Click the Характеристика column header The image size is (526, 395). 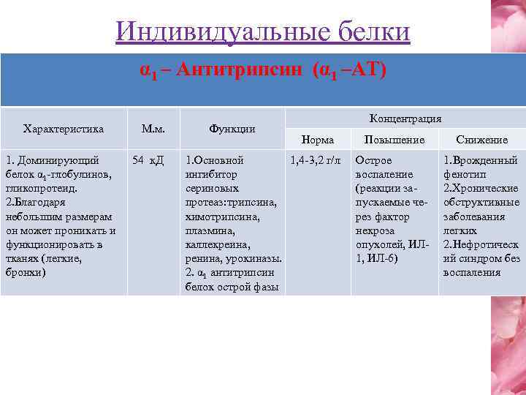click(x=64, y=129)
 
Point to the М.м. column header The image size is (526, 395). click(x=152, y=129)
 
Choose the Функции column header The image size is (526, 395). click(x=232, y=129)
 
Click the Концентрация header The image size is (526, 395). click(x=405, y=118)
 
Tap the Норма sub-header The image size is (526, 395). click(x=317, y=140)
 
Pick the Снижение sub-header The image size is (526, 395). click(x=481, y=140)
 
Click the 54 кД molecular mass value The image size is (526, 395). click(x=148, y=160)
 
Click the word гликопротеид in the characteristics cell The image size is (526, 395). click(x=37, y=188)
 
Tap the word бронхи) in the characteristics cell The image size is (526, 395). click(x=25, y=272)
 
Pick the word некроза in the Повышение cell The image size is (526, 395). click(x=376, y=230)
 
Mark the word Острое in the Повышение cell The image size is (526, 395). click(x=373, y=160)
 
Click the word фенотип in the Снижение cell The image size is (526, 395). click(x=464, y=174)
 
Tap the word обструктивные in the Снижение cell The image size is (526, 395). click(x=481, y=202)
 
